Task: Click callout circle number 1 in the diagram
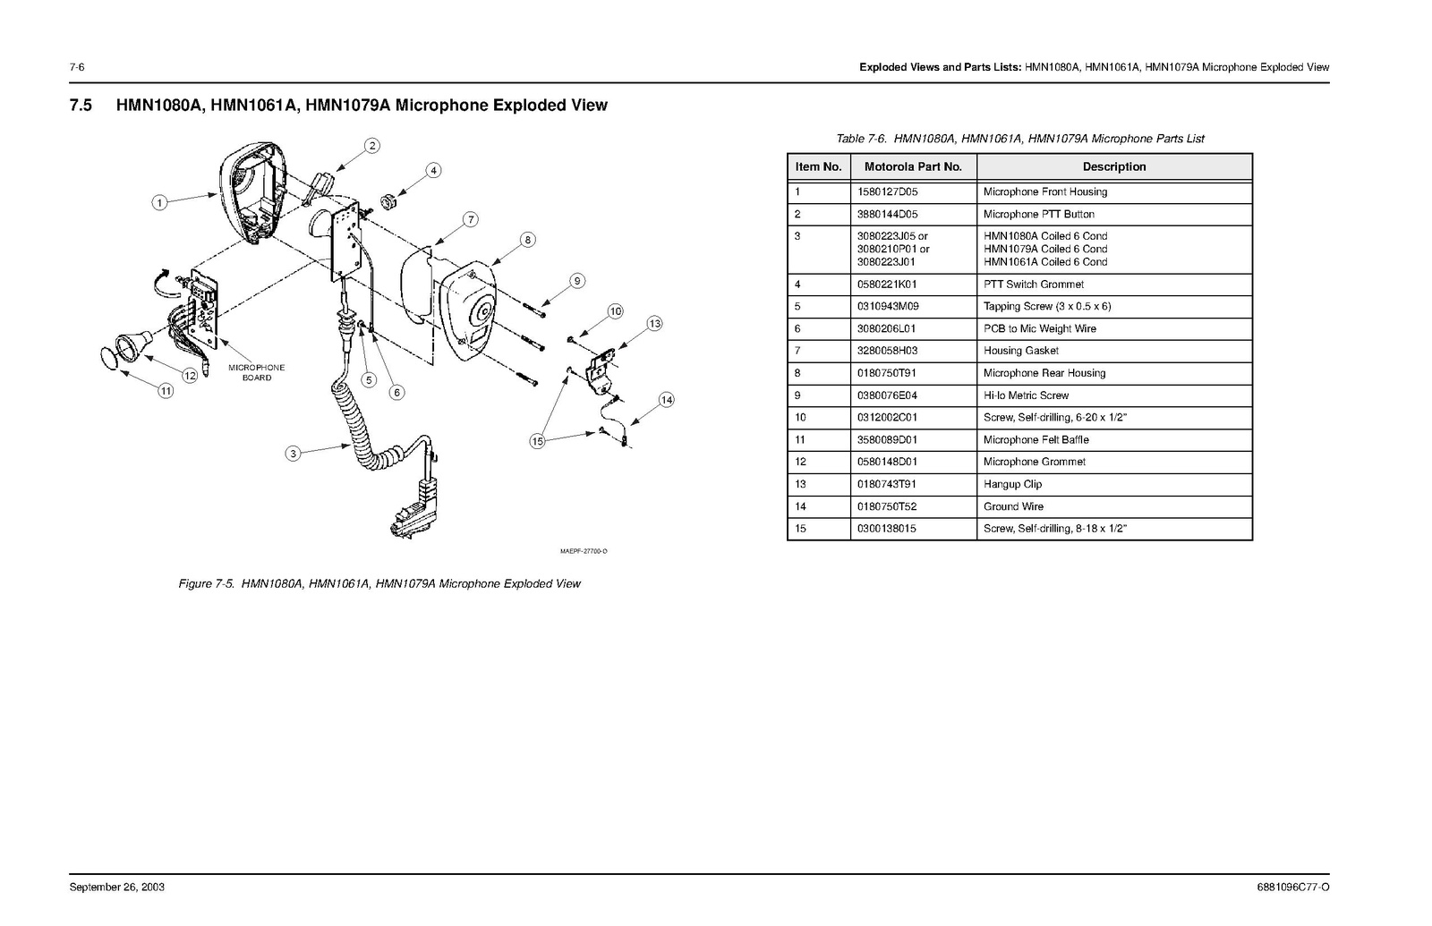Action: [159, 202]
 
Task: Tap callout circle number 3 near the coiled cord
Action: [293, 454]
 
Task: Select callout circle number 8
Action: [527, 240]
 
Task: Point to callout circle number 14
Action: [666, 400]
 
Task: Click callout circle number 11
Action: [166, 390]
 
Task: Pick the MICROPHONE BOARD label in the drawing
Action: [257, 372]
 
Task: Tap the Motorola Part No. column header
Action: [913, 166]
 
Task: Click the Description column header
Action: [1113, 166]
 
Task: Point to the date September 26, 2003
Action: [117, 888]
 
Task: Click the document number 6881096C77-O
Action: [1292, 888]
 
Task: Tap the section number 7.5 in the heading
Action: [81, 106]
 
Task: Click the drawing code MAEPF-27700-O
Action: [584, 551]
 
